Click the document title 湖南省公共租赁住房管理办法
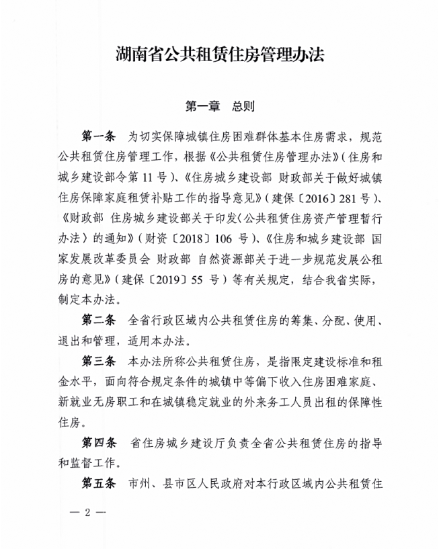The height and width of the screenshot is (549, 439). tap(220, 54)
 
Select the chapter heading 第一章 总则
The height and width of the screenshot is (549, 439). tap(219, 107)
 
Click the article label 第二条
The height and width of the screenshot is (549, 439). tap(99, 316)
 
